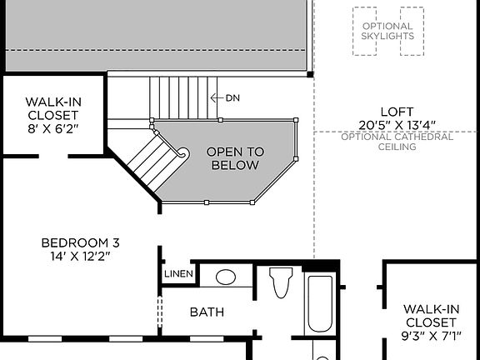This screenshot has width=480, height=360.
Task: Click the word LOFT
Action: point(397,112)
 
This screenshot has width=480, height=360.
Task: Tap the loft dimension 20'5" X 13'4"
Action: point(397,125)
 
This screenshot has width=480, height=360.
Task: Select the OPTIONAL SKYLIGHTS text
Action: point(387,32)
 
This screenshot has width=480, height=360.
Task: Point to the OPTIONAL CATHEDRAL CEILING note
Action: point(397,142)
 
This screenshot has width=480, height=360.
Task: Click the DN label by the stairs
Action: point(232,97)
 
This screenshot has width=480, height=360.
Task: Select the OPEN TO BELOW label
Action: point(235,158)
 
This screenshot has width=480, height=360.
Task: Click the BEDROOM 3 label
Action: point(80,242)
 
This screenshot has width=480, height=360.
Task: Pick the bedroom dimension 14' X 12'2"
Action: point(80,256)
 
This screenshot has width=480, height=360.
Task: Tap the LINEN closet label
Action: point(179,274)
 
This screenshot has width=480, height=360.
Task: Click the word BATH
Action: point(207,312)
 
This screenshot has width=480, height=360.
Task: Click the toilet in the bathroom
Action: point(281,283)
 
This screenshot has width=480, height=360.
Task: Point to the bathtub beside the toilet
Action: point(320,304)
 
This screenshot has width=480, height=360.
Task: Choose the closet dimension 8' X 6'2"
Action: point(52,128)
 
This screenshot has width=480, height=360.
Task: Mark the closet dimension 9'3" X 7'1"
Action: point(430,336)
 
